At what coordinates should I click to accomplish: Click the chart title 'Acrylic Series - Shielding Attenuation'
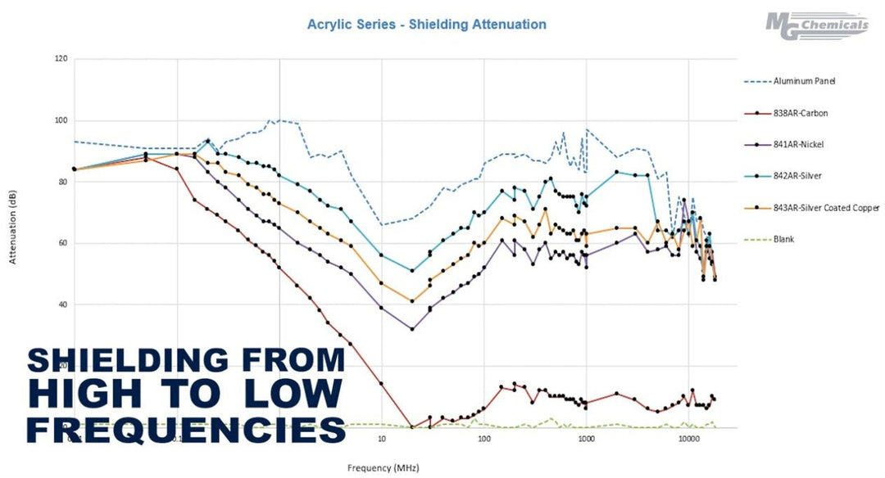point(426,25)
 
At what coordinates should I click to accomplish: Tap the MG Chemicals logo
point(816,25)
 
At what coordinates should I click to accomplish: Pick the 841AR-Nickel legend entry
point(800,144)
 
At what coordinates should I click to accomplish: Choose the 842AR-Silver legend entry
point(799,176)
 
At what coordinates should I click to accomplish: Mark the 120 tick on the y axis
point(61,59)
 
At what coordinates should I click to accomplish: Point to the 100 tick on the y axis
point(61,120)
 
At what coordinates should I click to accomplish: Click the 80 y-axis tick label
point(62,182)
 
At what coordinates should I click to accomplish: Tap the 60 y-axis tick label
point(62,243)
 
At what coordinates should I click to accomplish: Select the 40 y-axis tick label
point(62,304)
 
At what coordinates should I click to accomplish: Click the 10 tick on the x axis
point(382,440)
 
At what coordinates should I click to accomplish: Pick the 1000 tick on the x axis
point(586,440)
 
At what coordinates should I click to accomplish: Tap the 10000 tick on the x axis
point(688,440)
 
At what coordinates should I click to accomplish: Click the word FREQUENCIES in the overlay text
point(186,427)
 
